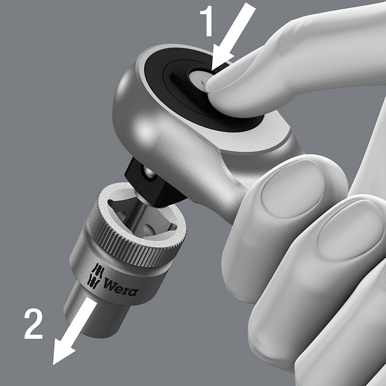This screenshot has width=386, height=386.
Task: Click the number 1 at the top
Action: click(x=207, y=22)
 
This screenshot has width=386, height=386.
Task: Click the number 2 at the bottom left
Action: click(x=33, y=324)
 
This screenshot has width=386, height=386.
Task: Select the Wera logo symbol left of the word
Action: click(x=96, y=276)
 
